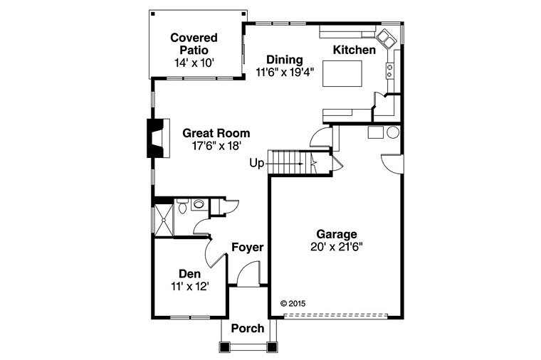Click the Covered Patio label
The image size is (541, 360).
(x=194, y=44)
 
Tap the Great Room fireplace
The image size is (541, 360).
(x=158, y=138)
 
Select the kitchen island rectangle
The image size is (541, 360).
(x=342, y=73)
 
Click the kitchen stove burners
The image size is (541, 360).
(x=390, y=70)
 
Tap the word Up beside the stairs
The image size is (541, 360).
(x=257, y=163)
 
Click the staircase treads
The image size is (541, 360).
(x=289, y=163)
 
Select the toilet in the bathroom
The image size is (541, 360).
(x=182, y=206)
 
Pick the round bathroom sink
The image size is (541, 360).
(x=199, y=203)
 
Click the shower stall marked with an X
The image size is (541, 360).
(x=164, y=220)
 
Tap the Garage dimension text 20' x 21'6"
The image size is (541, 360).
(x=337, y=247)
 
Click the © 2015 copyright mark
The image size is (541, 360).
(x=293, y=304)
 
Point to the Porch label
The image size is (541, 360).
(x=248, y=328)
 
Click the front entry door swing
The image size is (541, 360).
(x=248, y=273)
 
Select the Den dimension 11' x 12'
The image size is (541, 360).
(x=190, y=286)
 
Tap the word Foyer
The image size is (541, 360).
(x=248, y=248)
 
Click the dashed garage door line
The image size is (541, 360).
(x=336, y=315)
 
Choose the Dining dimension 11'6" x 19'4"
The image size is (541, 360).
(x=285, y=73)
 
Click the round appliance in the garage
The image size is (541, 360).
(x=393, y=132)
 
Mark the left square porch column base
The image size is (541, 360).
(x=225, y=346)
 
